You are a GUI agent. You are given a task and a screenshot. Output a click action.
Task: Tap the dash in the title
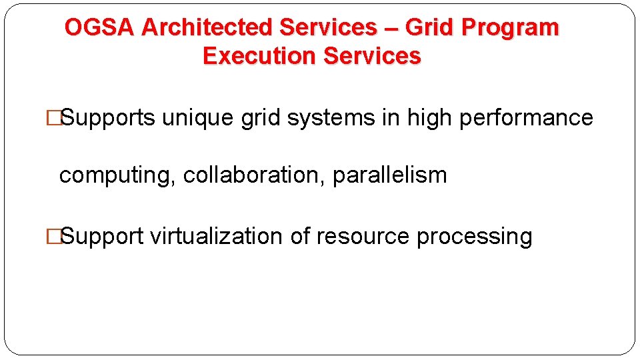[391, 28]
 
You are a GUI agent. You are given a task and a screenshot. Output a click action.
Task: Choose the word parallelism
[389, 175]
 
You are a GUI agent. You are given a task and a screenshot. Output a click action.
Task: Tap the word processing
[474, 237]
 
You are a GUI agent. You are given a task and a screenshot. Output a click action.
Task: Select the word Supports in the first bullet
[108, 118]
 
